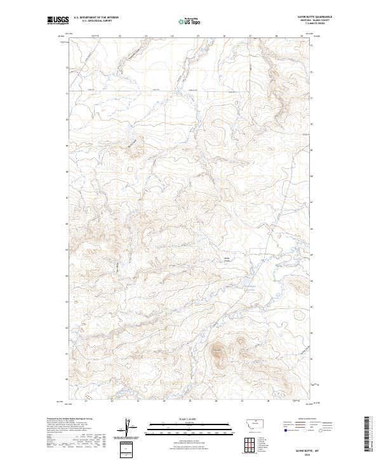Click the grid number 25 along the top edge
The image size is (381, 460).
click(x=198, y=36)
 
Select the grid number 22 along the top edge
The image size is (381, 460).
click(x=120, y=36)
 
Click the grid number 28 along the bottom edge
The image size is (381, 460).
click(x=269, y=401)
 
